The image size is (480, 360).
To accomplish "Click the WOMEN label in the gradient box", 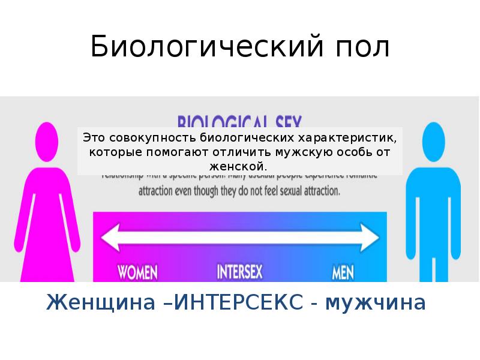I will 137,272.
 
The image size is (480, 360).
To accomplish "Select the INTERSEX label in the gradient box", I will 239,272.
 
